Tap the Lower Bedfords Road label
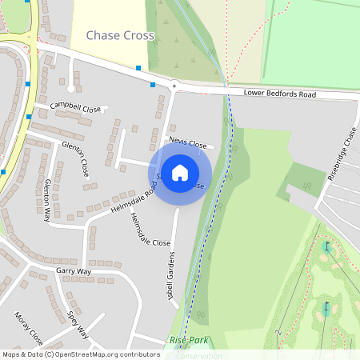pos(280,94)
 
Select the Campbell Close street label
pos(75,107)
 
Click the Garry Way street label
pos(74,271)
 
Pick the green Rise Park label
pos(189,341)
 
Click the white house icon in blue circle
pos(180,174)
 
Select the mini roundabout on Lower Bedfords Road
pos(173,85)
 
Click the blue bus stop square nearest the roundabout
pos(153,84)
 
